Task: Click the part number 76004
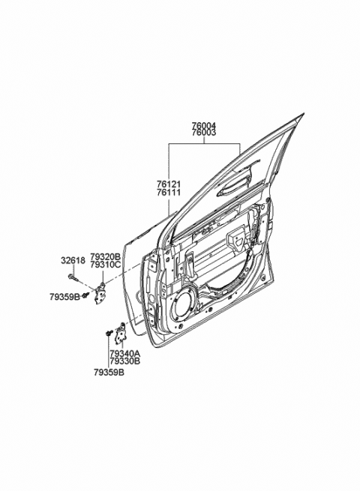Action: point(204,126)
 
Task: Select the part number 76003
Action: point(204,133)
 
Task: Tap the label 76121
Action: point(169,184)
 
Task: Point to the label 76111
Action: point(169,192)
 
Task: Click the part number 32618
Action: point(73,260)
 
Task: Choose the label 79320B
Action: point(105,257)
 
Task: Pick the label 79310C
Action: point(105,265)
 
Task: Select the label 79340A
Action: point(125,354)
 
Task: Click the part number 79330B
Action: point(125,361)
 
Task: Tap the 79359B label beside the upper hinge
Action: point(64,297)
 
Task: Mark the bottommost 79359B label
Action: point(109,373)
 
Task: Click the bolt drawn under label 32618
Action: point(73,277)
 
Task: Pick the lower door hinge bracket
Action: point(120,334)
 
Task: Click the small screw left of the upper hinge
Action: point(85,295)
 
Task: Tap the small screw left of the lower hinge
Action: point(109,333)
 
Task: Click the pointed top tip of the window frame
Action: point(304,113)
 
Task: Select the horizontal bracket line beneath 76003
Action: point(204,143)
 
